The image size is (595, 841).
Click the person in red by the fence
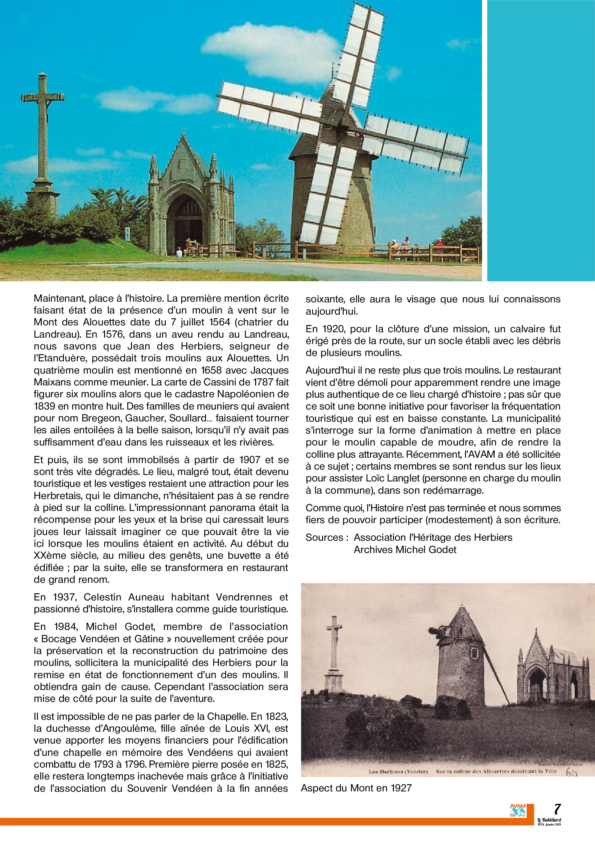[439, 246]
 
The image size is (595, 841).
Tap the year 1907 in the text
[250, 460]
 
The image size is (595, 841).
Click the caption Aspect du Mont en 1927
[356, 788]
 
